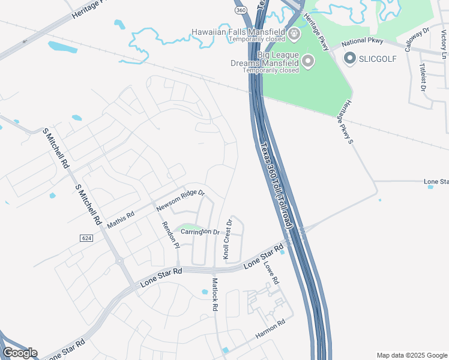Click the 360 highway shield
pyautogui.click(x=240, y=11)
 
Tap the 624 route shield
pyautogui.click(x=86, y=238)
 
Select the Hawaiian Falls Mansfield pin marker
pyautogui.click(x=294, y=34)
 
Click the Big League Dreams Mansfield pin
pyautogui.click(x=308, y=61)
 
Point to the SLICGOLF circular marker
pyautogui.click(x=350, y=58)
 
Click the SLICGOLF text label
pyautogui.click(x=379, y=58)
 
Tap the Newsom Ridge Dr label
pyautogui.click(x=181, y=201)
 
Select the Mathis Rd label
pyautogui.click(x=121, y=218)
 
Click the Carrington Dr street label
pyautogui.click(x=197, y=232)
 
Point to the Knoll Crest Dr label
pyautogui.click(x=228, y=239)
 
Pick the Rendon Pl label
pyautogui.click(x=170, y=235)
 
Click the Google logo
pyautogui.click(x=20, y=353)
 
